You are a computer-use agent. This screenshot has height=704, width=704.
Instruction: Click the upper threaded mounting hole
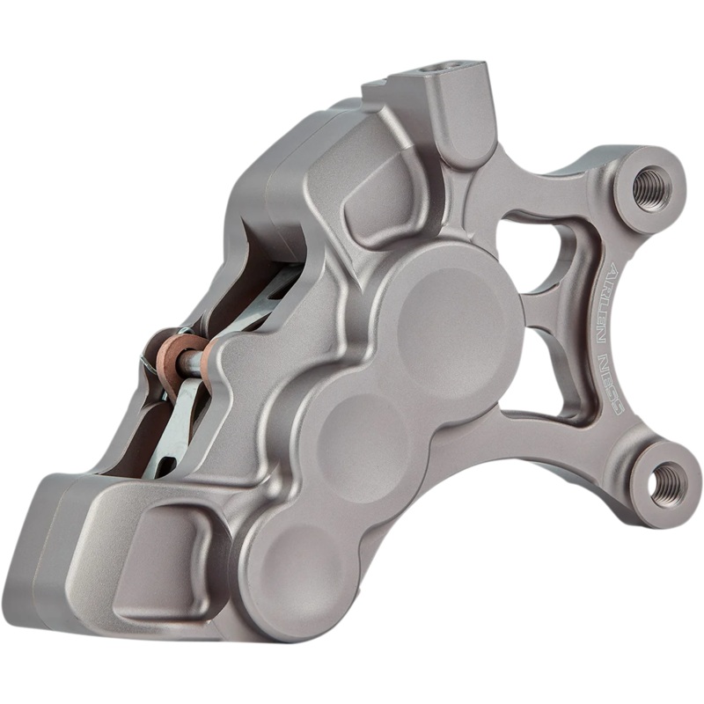click(651, 187)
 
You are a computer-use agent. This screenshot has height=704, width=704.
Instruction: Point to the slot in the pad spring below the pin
click(172, 440)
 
